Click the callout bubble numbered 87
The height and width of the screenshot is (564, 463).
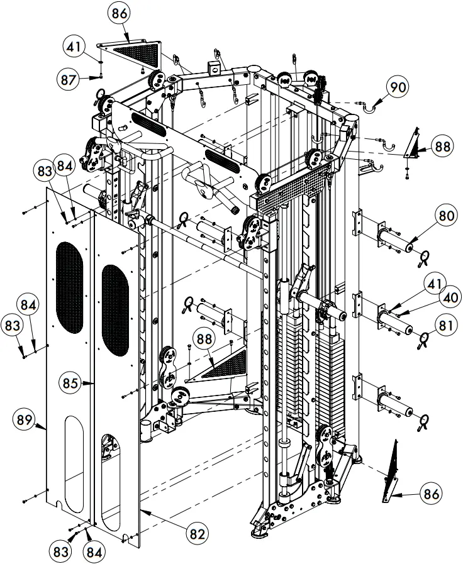pos(72,79)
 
